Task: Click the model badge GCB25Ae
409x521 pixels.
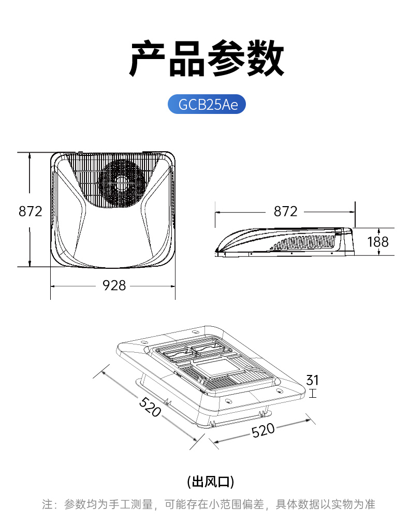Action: pos(207,104)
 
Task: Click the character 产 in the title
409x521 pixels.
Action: pos(148,59)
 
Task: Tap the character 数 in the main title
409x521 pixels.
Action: pos(265,59)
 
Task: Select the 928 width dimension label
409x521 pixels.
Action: pos(114,285)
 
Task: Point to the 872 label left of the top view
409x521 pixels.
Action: pos(30,211)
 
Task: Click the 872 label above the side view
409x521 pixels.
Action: pos(285,211)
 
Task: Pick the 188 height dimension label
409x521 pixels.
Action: pos(378,242)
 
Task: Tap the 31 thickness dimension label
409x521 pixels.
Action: pos(312,380)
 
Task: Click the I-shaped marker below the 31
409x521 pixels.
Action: pos(312,394)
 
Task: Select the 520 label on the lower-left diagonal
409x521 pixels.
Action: pos(150,407)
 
